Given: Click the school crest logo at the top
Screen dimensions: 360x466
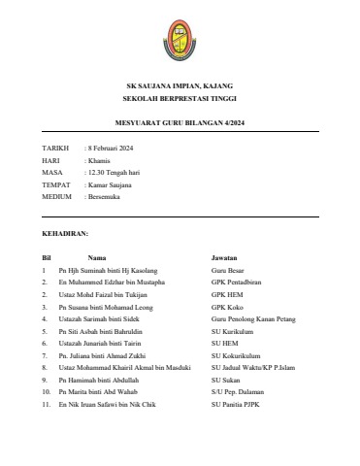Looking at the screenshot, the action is (180, 35).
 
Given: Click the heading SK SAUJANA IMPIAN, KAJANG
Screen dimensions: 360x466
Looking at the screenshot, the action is (180, 86).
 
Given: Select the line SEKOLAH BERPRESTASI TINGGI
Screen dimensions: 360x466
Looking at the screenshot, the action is (180, 100).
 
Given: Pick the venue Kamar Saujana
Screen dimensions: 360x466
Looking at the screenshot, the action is (111, 183).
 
